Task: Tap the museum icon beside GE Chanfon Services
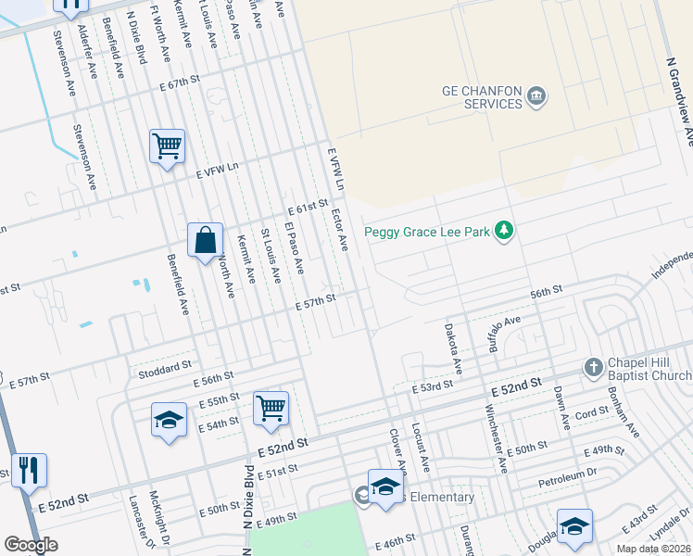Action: pyautogui.click(x=536, y=96)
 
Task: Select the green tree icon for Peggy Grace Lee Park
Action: pyautogui.click(x=504, y=231)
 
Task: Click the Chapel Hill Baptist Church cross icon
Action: pyautogui.click(x=594, y=368)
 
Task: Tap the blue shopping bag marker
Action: pyautogui.click(x=205, y=242)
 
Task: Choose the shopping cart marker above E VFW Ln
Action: pyautogui.click(x=168, y=146)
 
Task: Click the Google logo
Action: pyautogui.click(x=31, y=545)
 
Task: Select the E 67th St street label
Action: pyautogui.click(x=180, y=83)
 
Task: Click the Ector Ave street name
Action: pyautogui.click(x=339, y=230)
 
